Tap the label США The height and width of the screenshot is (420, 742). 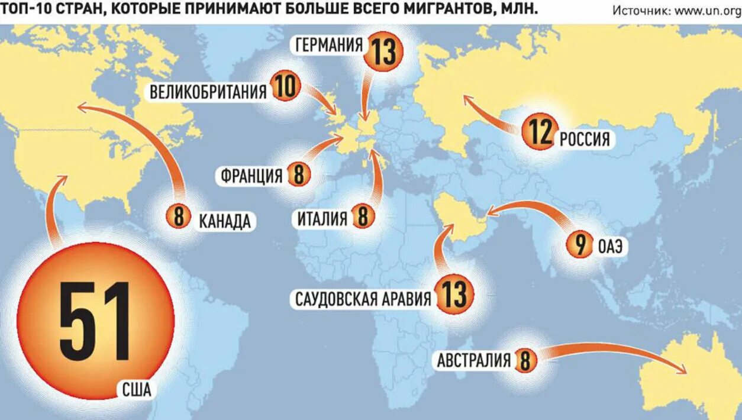click(137, 390)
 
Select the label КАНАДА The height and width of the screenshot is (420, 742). click(224, 221)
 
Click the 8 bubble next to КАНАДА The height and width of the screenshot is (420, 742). click(179, 217)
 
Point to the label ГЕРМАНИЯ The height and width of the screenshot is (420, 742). click(329, 46)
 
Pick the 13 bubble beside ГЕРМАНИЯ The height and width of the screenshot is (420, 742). click(384, 51)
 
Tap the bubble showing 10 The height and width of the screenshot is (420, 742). click(285, 88)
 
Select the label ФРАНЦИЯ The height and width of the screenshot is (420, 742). click(251, 176)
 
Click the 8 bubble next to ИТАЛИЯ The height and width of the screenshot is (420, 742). click(363, 217)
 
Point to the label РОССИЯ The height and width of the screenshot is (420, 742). click(585, 140)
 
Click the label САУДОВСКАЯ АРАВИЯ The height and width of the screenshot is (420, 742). click(363, 299)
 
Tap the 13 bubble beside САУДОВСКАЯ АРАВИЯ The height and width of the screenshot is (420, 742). click(454, 295)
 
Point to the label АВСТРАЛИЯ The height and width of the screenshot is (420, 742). click(473, 360)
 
